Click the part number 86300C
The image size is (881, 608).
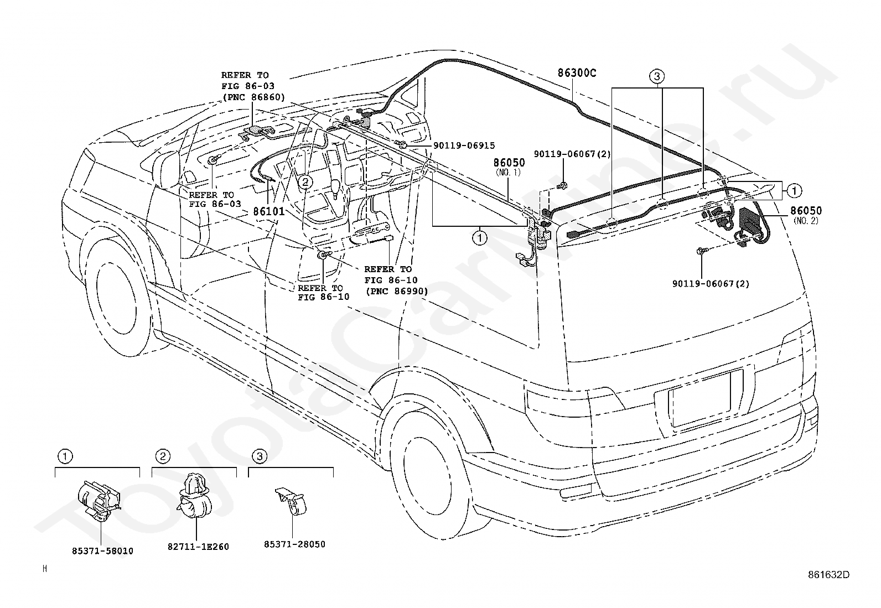coord(577,73)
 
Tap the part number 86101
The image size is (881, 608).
coord(268,211)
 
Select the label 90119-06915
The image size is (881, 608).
coord(464,145)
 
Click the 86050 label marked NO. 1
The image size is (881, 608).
coord(509,163)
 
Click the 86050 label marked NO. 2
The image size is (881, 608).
coord(806,211)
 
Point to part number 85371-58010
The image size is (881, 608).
coord(102,551)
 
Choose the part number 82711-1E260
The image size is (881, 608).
coord(198,547)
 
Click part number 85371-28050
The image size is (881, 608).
coord(294,544)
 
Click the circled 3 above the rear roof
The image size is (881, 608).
coord(657,76)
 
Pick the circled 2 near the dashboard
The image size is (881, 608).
coord(305,181)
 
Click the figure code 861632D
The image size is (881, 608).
coord(828,575)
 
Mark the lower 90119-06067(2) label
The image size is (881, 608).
coord(711,284)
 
